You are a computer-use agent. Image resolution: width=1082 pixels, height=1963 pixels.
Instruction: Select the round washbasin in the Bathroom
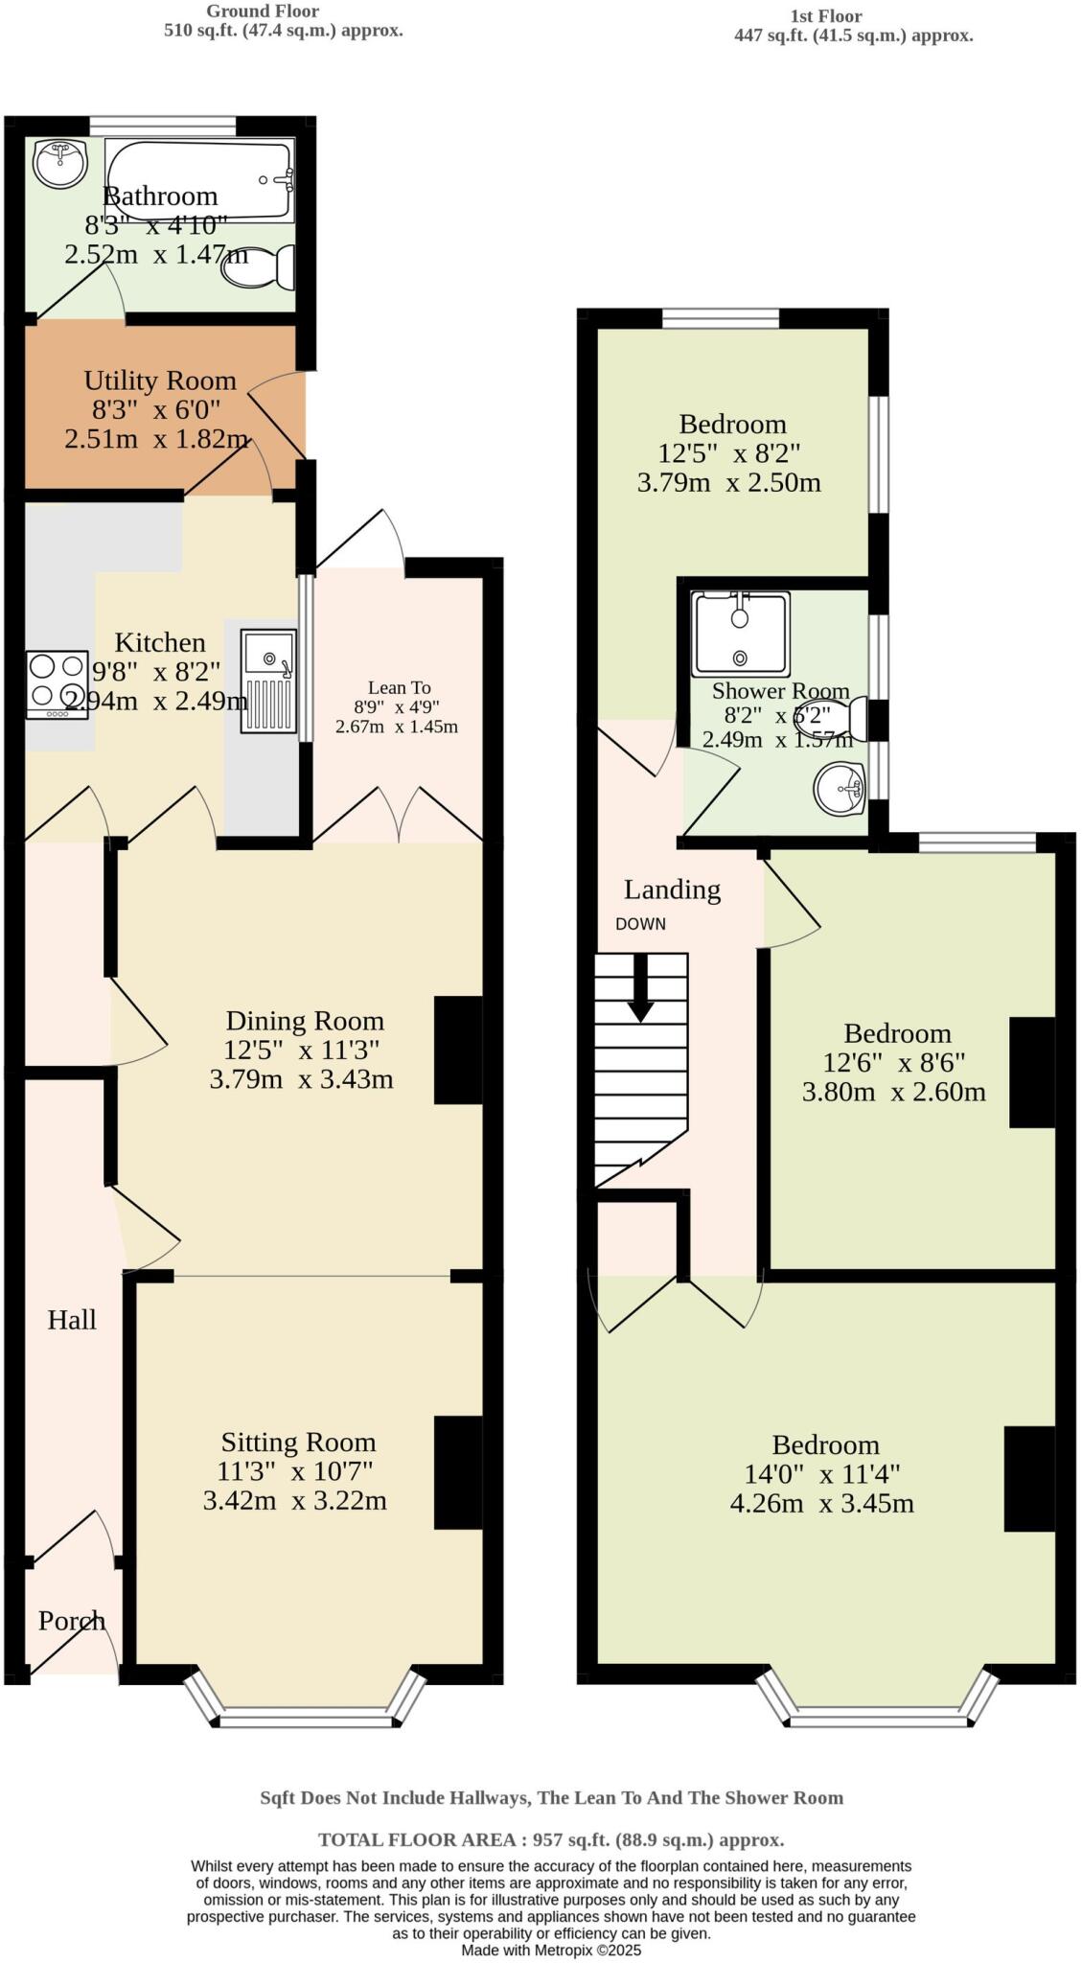click(x=59, y=163)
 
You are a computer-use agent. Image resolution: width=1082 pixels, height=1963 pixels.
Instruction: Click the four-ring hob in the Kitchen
click(x=58, y=684)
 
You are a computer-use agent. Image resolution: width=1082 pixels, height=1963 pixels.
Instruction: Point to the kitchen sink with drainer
click(x=267, y=681)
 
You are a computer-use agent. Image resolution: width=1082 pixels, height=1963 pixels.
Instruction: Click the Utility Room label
click(x=159, y=381)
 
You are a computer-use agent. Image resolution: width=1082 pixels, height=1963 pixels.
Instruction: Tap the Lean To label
click(x=399, y=687)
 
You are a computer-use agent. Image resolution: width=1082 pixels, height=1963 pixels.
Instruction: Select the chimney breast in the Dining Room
click(x=458, y=1050)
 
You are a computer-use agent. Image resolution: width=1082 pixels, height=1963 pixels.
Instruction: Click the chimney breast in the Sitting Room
click(x=458, y=1471)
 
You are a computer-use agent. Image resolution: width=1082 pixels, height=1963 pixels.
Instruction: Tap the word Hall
click(x=72, y=1320)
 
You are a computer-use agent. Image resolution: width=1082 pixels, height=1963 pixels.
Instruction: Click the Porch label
click(x=71, y=1620)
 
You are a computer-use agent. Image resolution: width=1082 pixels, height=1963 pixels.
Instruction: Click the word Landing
click(x=672, y=889)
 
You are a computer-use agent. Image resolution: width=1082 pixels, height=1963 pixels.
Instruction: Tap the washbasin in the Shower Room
click(x=840, y=789)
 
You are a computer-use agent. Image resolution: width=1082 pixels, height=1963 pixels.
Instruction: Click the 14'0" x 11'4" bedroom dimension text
click(x=821, y=1474)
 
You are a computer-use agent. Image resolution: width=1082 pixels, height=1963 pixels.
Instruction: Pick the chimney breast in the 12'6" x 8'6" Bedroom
click(x=1032, y=1072)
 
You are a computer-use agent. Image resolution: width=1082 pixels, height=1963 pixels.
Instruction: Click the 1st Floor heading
click(x=825, y=16)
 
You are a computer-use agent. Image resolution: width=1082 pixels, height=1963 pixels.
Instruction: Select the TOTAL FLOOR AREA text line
click(x=550, y=1839)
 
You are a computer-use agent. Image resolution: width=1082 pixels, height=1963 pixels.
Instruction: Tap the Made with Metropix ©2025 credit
click(x=550, y=1950)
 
